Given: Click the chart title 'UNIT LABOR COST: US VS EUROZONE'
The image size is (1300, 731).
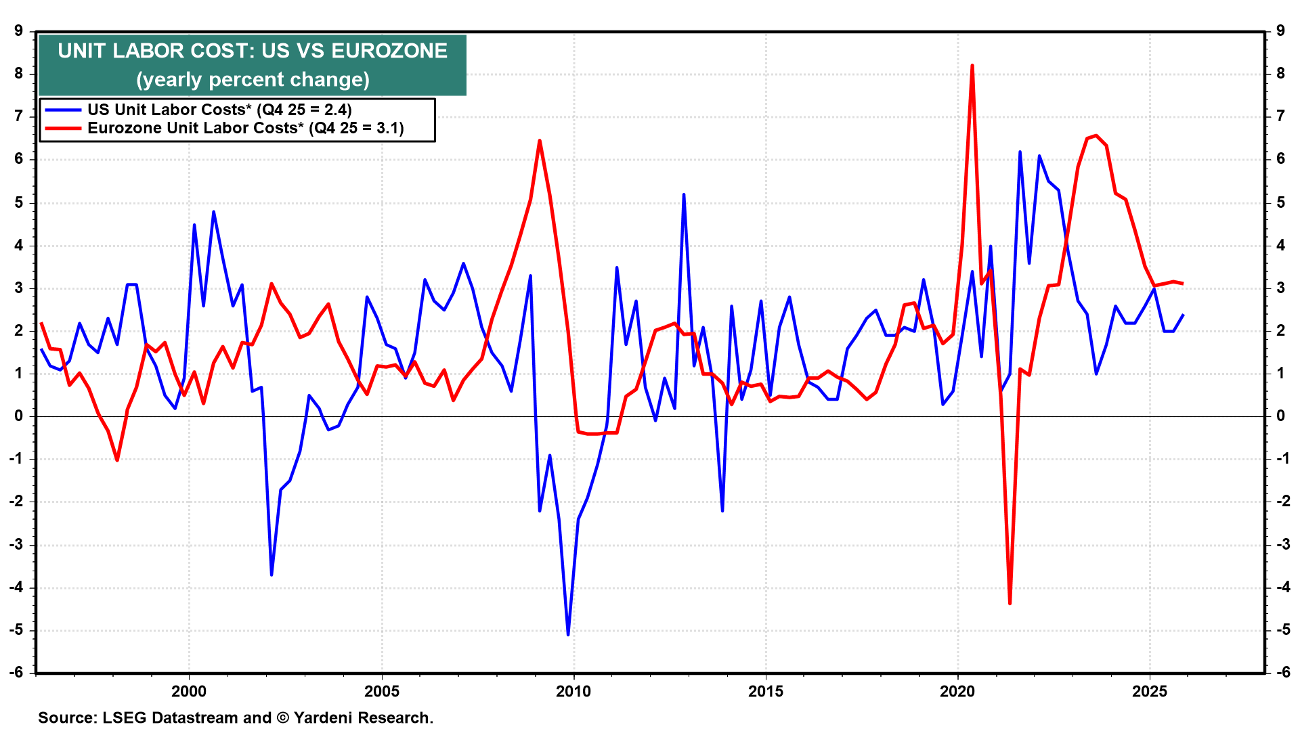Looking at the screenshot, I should click(x=253, y=51).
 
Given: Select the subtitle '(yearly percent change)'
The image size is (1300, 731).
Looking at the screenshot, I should click(x=253, y=80).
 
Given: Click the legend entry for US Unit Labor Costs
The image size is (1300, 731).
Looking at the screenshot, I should click(x=219, y=110).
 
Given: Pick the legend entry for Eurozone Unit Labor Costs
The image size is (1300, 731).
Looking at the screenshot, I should click(x=245, y=128).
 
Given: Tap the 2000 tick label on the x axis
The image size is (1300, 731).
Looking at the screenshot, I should click(x=189, y=691).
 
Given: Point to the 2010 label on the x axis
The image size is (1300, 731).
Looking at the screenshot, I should click(x=573, y=691).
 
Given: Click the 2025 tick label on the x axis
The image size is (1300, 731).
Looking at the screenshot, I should click(x=1150, y=691).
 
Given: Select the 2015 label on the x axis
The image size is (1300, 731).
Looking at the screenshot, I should click(x=766, y=691).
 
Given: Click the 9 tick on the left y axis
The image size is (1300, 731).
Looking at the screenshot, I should click(x=18, y=31).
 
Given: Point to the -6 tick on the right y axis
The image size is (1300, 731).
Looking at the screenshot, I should click(x=1281, y=672).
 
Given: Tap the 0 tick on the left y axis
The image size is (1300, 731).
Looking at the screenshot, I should click(x=18, y=416).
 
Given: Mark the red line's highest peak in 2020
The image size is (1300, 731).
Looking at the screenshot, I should click(x=972, y=66).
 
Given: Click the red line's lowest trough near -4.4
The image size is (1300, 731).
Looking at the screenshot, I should click(x=1010, y=603).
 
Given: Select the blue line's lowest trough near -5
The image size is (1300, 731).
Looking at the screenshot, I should click(x=568, y=634).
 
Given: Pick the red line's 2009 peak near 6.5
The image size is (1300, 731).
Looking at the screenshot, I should click(x=540, y=141).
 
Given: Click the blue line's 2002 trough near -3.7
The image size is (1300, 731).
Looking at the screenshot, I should click(x=272, y=575).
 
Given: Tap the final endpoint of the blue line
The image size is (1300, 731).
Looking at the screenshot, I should click(x=1183, y=315).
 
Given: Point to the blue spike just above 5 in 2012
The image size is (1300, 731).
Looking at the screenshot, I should click(x=684, y=194).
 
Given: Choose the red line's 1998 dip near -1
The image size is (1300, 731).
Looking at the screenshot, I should click(x=117, y=460).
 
